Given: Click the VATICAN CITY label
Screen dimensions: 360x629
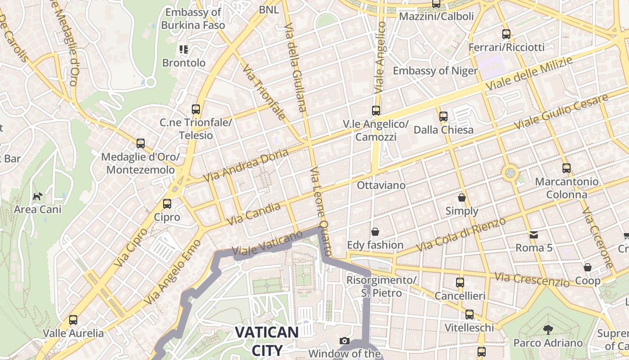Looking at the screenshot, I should coord(266,341).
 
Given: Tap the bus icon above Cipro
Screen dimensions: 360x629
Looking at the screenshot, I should coord(167,204).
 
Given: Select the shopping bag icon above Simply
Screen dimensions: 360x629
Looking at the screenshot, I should coord(461,198).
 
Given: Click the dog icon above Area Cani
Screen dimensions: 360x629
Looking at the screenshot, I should coord(38,196).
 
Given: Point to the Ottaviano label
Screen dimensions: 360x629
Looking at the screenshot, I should coord(381,185).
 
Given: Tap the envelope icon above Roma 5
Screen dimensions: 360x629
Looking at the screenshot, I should coord(534,234).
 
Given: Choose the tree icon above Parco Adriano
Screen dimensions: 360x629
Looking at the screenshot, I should coord(548,329).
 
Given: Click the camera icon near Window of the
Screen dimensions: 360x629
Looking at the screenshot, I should coord(345,341).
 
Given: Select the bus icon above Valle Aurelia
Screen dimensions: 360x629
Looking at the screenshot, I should coord(73,320).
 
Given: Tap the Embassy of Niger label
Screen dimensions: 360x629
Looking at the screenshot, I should coord(435,71).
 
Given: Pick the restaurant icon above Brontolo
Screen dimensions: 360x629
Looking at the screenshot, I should coord(183,49).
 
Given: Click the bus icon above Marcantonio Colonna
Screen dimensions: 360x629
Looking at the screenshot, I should coord(566,168).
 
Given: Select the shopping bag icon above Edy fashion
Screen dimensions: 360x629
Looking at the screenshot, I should coord(375,232).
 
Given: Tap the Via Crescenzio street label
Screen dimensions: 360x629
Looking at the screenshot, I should coord(532,279).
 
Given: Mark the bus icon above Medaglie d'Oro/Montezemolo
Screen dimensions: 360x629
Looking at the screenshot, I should coord(141,144).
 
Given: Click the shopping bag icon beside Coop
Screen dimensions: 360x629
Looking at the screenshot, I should coord(587,267).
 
